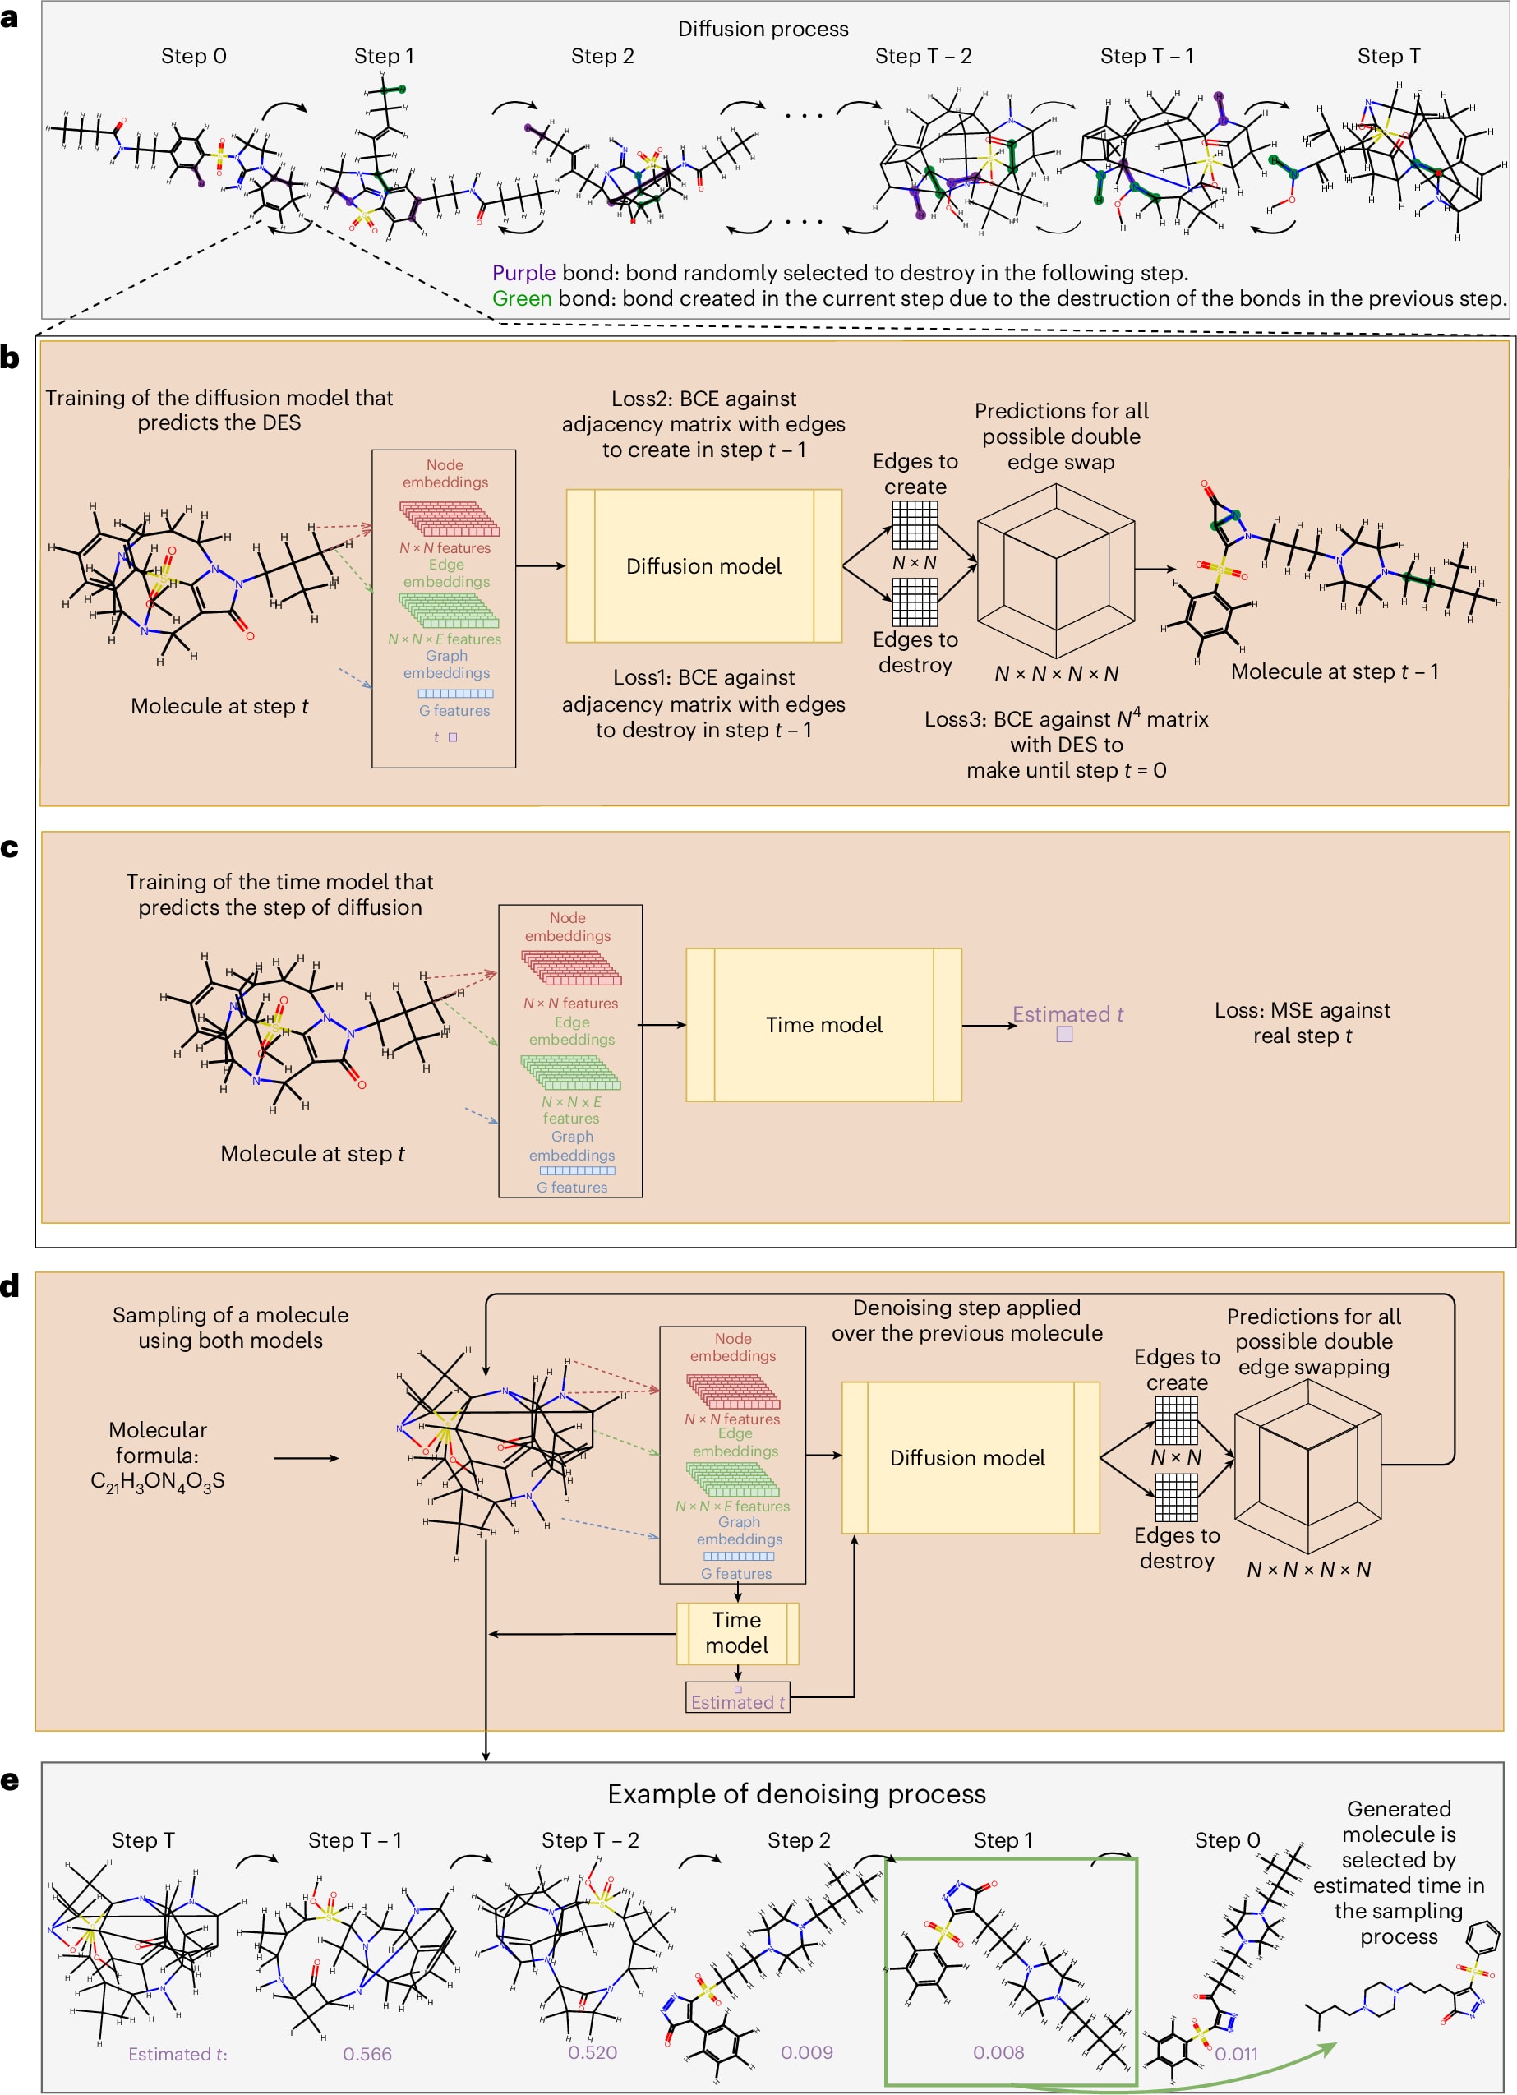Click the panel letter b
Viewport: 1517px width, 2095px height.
point(10,358)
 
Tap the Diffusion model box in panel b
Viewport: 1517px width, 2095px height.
point(703,565)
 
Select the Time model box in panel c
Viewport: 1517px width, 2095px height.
point(823,1024)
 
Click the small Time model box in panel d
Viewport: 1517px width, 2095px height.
point(737,1633)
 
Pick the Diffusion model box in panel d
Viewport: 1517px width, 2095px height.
point(970,1458)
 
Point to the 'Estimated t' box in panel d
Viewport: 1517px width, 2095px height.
point(737,1697)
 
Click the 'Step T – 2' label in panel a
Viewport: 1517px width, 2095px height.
point(923,57)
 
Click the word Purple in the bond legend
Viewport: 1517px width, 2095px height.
point(523,273)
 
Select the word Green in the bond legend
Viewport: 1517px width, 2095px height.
point(522,298)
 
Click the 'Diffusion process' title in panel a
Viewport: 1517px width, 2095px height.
point(763,29)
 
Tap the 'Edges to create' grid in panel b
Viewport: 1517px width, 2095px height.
point(915,524)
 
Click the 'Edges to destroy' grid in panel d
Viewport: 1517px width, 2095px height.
point(1177,1497)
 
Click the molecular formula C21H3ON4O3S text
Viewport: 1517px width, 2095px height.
point(158,1455)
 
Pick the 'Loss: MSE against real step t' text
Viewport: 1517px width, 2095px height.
point(1302,1022)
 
